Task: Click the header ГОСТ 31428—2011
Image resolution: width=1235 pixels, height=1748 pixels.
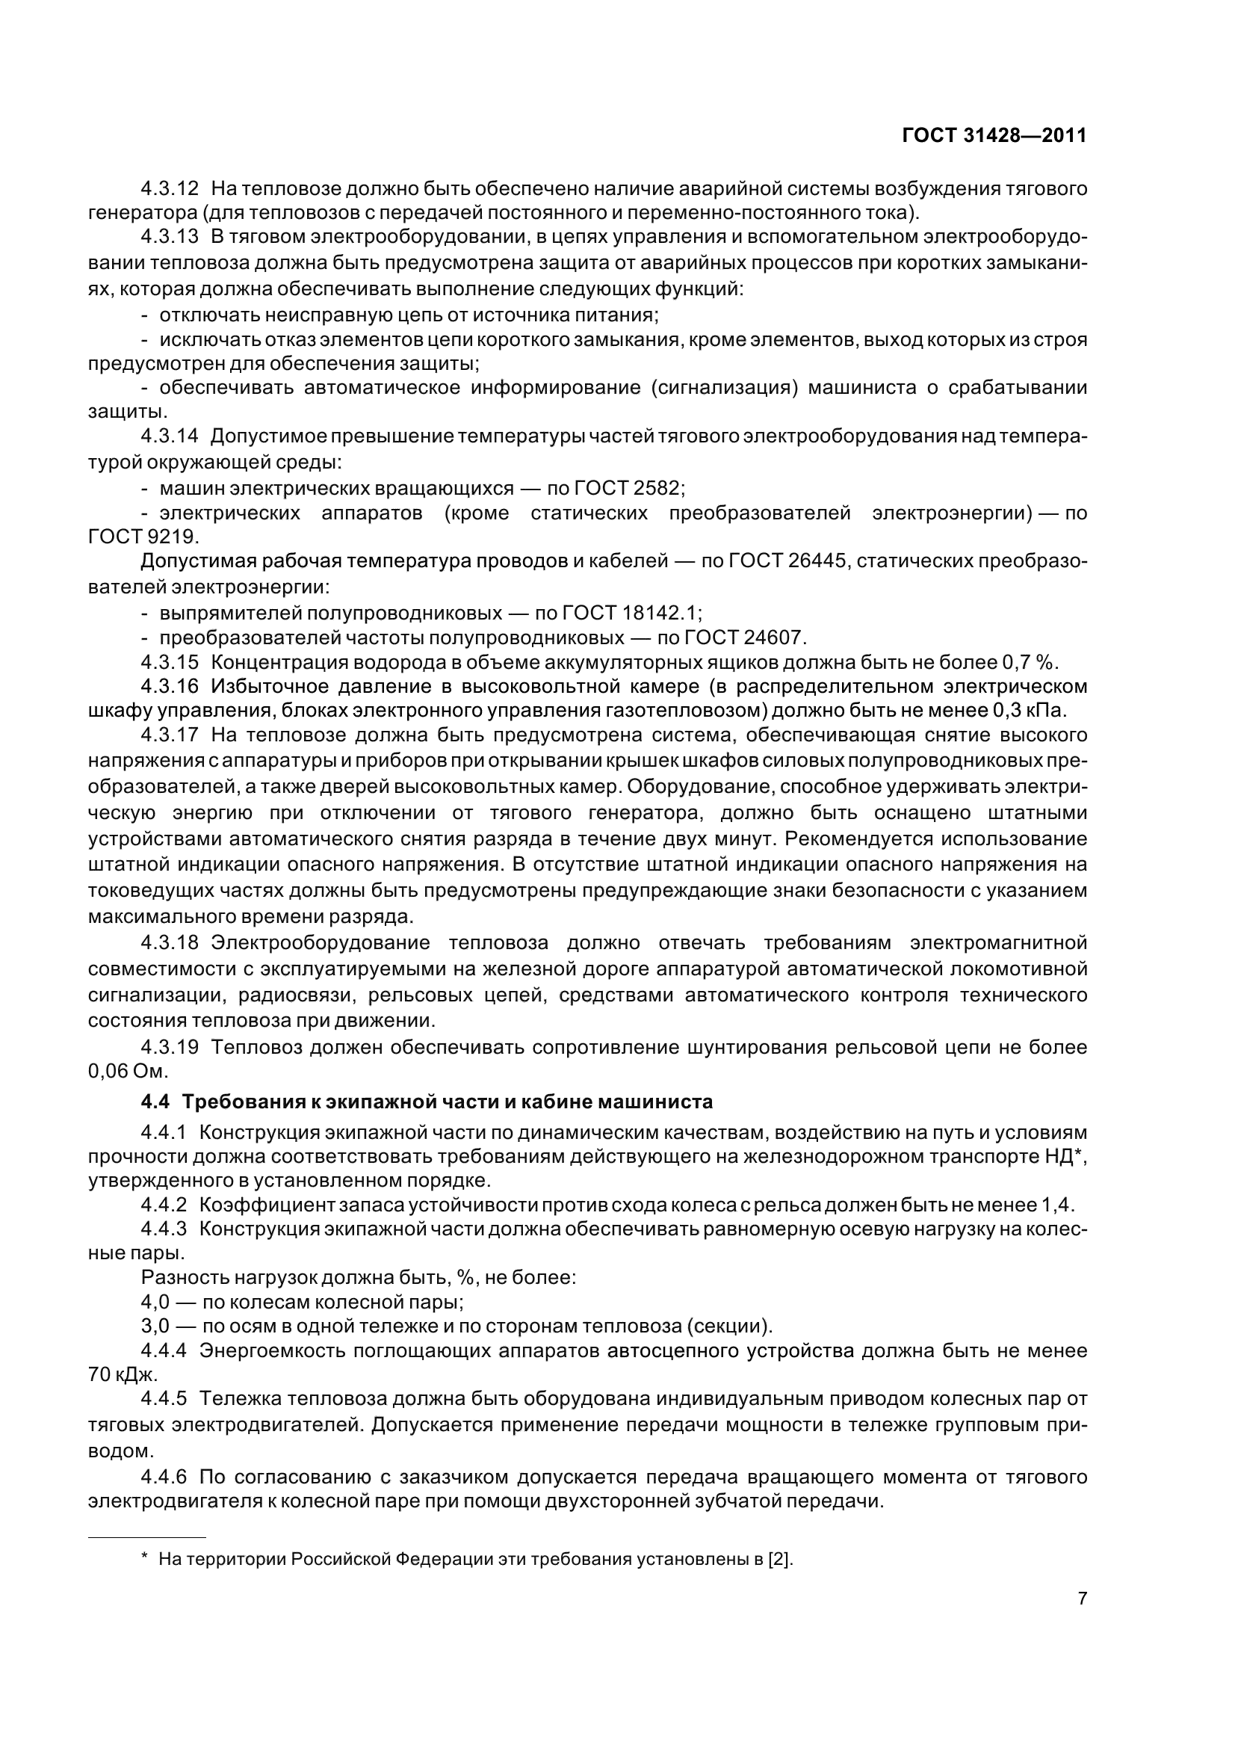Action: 994,135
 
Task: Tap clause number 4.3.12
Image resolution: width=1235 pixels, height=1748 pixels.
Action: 169,188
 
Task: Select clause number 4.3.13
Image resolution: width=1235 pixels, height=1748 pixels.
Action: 169,237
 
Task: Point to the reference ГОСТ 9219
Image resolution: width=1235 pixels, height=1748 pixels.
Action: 143,537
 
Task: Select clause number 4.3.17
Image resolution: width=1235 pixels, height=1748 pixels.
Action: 169,735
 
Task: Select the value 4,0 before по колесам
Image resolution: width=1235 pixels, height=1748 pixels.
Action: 155,1302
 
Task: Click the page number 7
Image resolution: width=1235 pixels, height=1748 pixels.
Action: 1082,1619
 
